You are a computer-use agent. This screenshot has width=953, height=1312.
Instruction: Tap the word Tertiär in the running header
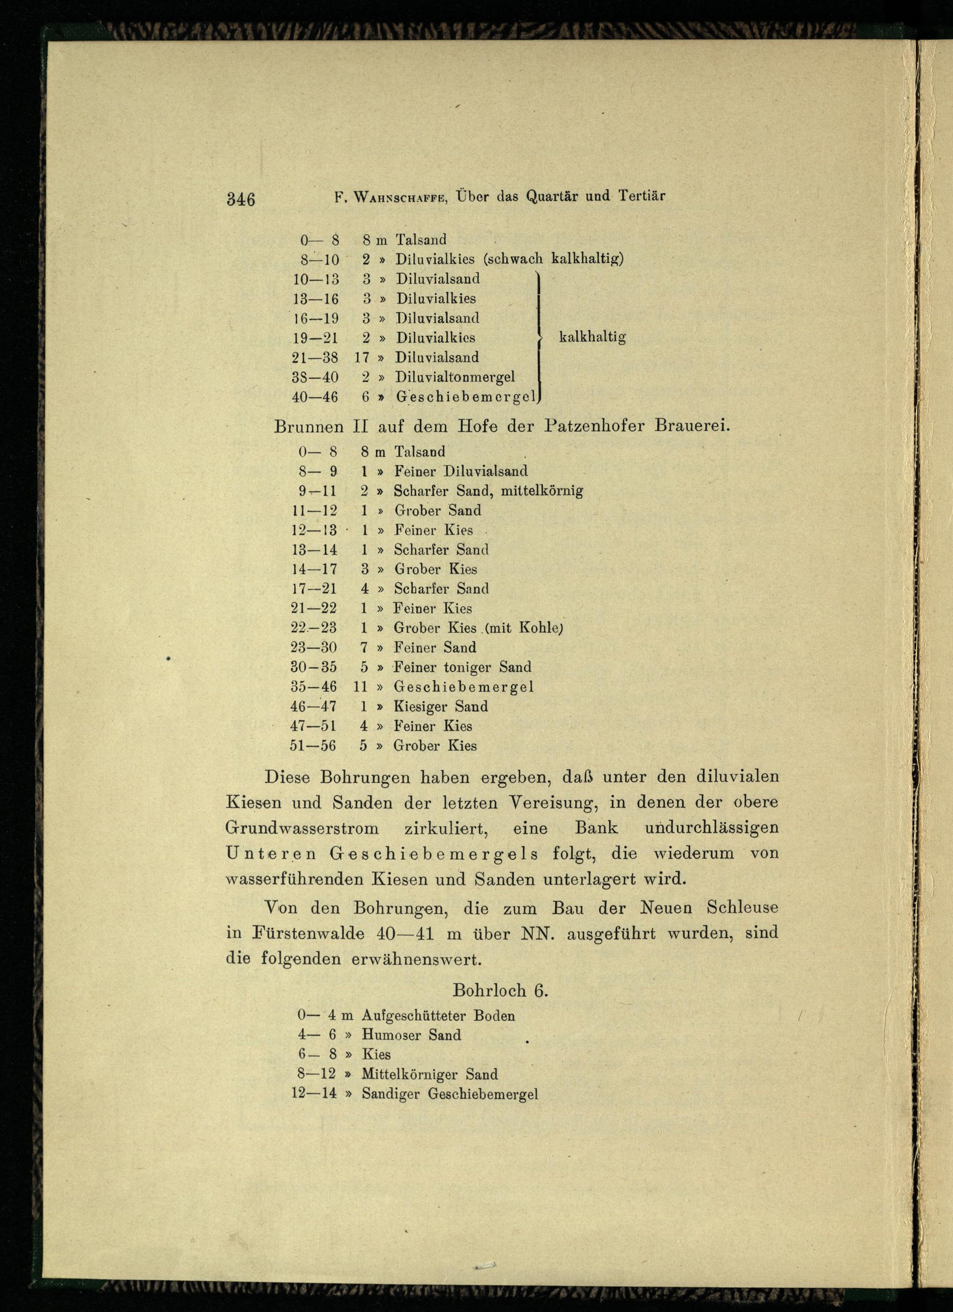click(x=641, y=195)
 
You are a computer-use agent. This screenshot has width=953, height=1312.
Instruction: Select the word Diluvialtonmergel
click(x=455, y=377)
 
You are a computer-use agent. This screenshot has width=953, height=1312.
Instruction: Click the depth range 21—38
click(x=316, y=358)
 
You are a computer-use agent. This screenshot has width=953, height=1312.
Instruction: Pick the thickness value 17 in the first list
click(x=362, y=358)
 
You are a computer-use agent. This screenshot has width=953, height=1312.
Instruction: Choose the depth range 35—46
click(x=314, y=687)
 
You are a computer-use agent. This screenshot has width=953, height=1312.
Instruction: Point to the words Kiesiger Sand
click(x=440, y=707)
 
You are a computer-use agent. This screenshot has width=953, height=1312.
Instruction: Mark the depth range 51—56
click(x=313, y=746)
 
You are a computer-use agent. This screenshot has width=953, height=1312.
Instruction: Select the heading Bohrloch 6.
click(x=500, y=990)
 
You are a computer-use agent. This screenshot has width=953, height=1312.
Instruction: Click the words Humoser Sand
click(x=411, y=1035)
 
